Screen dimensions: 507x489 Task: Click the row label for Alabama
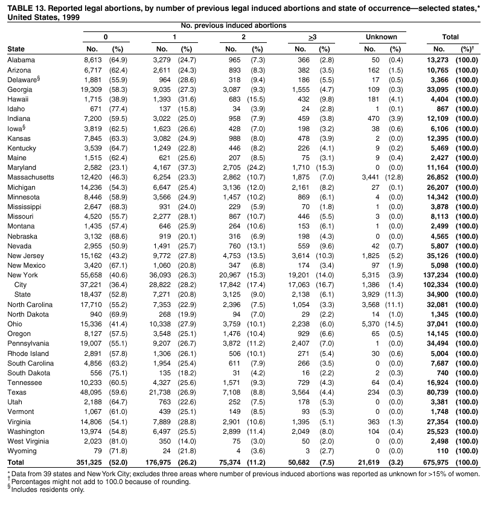point(21,60)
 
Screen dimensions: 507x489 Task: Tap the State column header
point(16,49)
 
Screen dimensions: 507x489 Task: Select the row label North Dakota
point(29,314)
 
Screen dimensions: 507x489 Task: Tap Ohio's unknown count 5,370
point(372,323)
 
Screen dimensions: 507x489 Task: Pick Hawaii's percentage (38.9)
point(117,99)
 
